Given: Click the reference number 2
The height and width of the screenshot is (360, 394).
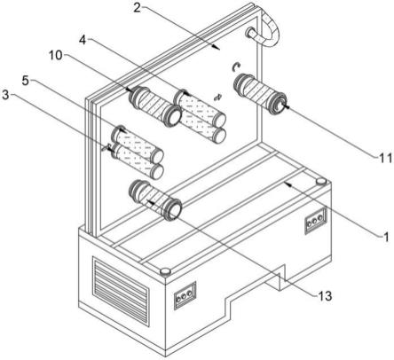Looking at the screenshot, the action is [x=138, y=7].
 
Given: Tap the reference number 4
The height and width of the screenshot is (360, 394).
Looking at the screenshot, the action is [x=83, y=40].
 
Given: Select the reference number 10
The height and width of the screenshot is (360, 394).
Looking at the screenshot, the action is [x=56, y=55].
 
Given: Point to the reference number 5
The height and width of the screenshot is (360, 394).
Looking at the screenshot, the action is [x=26, y=80].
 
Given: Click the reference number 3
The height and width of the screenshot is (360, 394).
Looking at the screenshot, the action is [x=5, y=95].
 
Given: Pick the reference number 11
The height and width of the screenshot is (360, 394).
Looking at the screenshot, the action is [x=386, y=159].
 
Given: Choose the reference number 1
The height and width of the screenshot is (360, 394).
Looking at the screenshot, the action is [x=386, y=237].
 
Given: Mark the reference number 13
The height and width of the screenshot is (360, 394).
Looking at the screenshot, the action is [x=325, y=296].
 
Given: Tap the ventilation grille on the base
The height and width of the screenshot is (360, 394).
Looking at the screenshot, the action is [x=121, y=291].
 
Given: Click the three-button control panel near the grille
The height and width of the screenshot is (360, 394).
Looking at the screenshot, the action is [x=185, y=295].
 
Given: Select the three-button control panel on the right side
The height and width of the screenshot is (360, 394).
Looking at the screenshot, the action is [x=316, y=221].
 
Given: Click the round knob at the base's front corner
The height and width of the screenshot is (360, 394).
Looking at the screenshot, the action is [x=165, y=271].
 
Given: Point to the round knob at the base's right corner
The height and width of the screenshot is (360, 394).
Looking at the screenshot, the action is [x=321, y=181].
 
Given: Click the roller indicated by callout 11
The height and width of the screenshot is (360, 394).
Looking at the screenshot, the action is [x=260, y=93].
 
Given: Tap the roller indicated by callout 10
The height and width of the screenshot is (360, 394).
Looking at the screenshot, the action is [x=155, y=106].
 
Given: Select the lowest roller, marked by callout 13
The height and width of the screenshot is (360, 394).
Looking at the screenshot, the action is [x=155, y=200].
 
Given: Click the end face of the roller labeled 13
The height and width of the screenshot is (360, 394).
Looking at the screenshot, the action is [x=175, y=210].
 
